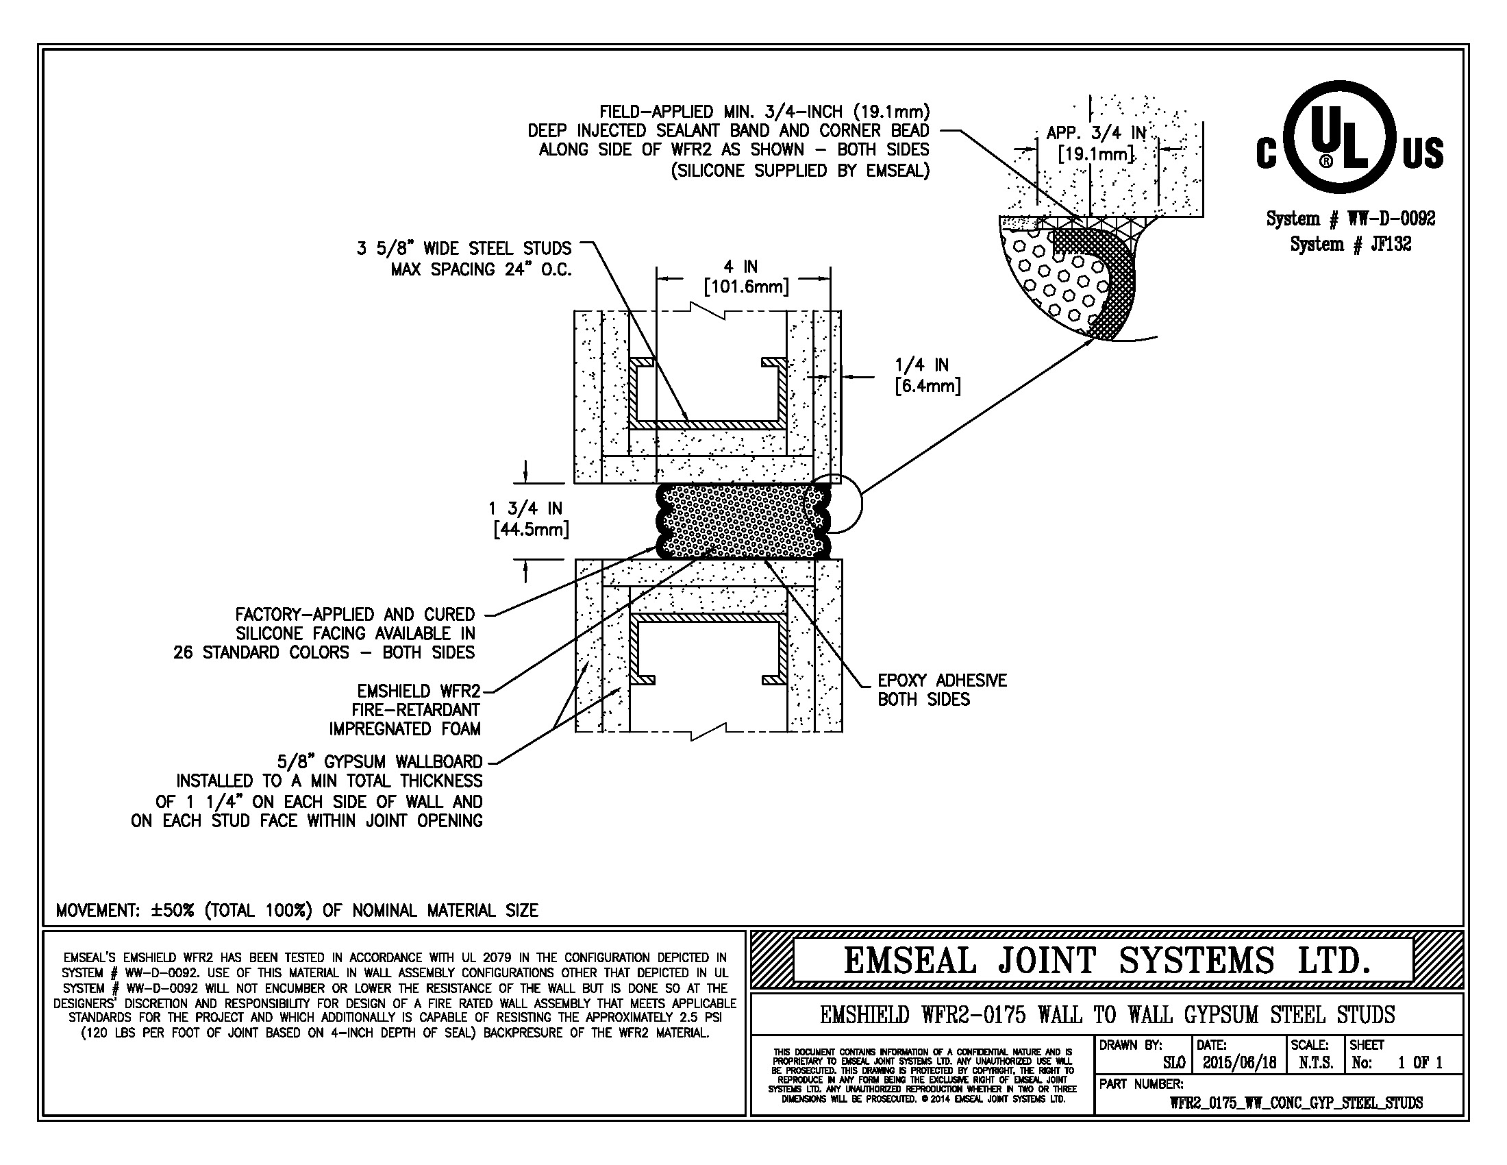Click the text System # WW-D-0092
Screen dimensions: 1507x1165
(x=1350, y=219)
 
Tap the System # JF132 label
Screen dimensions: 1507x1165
(x=1350, y=244)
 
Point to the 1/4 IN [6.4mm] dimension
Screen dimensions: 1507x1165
(x=927, y=375)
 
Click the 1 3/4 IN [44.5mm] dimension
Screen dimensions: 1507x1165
(x=530, y=519)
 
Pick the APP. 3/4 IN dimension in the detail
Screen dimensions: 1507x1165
(x=1096, y=143)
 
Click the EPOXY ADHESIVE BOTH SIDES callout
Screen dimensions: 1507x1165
(x=942, y=689)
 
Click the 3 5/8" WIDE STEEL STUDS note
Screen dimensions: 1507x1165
(x=464, y=258)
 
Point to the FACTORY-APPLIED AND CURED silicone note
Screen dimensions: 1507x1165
(x=324, y=633)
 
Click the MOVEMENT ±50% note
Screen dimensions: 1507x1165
(x=297, y=910)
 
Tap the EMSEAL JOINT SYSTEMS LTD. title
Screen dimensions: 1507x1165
(x=1106, y=960)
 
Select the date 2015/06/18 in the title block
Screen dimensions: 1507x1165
(x=1239, y=1063)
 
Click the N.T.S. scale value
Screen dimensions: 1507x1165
(x=1316, y=1063)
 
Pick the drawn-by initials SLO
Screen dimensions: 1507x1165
(x=1173, y=1063)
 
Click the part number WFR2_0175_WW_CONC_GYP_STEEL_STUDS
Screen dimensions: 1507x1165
(x=1296, y=1103)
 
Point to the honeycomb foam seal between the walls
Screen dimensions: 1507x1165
(x=743, y=521)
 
